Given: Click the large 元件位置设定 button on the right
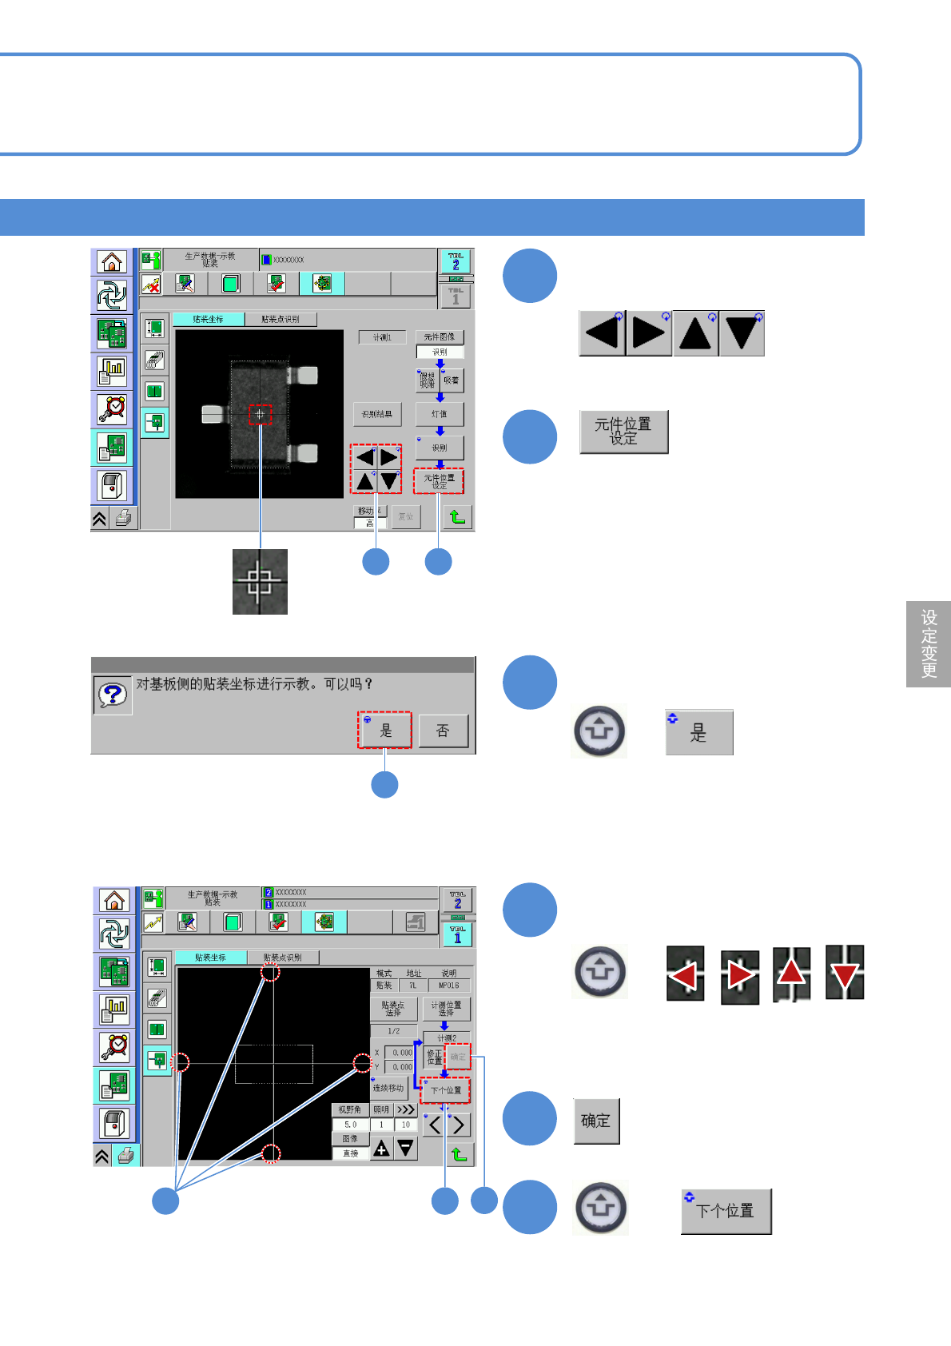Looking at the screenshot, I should coord(623,432).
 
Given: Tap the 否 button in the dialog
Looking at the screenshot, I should coord(443,731).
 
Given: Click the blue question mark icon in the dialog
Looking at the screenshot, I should coord(113,695).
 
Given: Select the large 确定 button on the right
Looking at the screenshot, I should coord(596,1121).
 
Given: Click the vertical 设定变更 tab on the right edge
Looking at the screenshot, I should coord(929,643).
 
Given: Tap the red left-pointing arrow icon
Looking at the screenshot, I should coord(685,974).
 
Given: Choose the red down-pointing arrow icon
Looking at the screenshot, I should coord(845,973).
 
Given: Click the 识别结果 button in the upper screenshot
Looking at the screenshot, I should coord(376,414).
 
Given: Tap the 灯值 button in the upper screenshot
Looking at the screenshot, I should coord(439,414).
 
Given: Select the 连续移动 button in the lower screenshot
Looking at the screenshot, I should coord(388,1088).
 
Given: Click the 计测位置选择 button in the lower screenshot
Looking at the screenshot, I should coord(446,1008).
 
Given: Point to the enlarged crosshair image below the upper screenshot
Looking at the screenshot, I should coord(260,581).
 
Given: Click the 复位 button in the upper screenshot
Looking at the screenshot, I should coord(406,516).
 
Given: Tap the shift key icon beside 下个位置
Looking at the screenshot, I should coord(600,1207).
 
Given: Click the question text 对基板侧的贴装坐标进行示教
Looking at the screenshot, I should coord(254,684).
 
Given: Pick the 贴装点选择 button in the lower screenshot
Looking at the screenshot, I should coord(393,1008).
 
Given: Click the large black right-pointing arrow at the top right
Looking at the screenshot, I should coord(648,333).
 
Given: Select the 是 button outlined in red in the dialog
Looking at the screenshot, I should coord(384,730).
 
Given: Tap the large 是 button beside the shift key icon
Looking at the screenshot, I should coord(698,733).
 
